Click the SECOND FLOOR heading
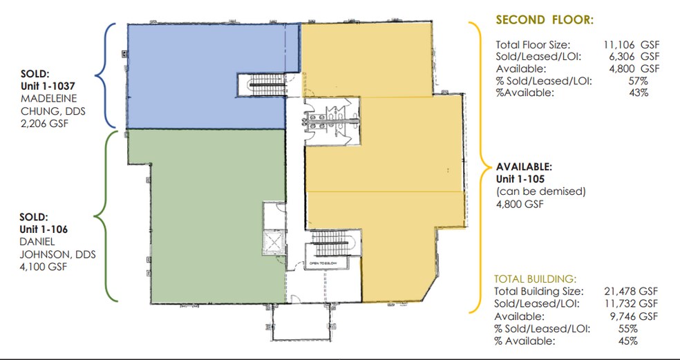[x=544, y=19]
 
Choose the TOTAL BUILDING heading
[x=536, y=279]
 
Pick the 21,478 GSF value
[x=630, y=291]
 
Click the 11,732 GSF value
[x=630, y=303]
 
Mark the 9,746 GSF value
[x=632, y=316]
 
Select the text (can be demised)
[x=540, y=191]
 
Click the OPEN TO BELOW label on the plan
[x=323, y=263]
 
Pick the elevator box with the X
[x=273, y=241]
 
